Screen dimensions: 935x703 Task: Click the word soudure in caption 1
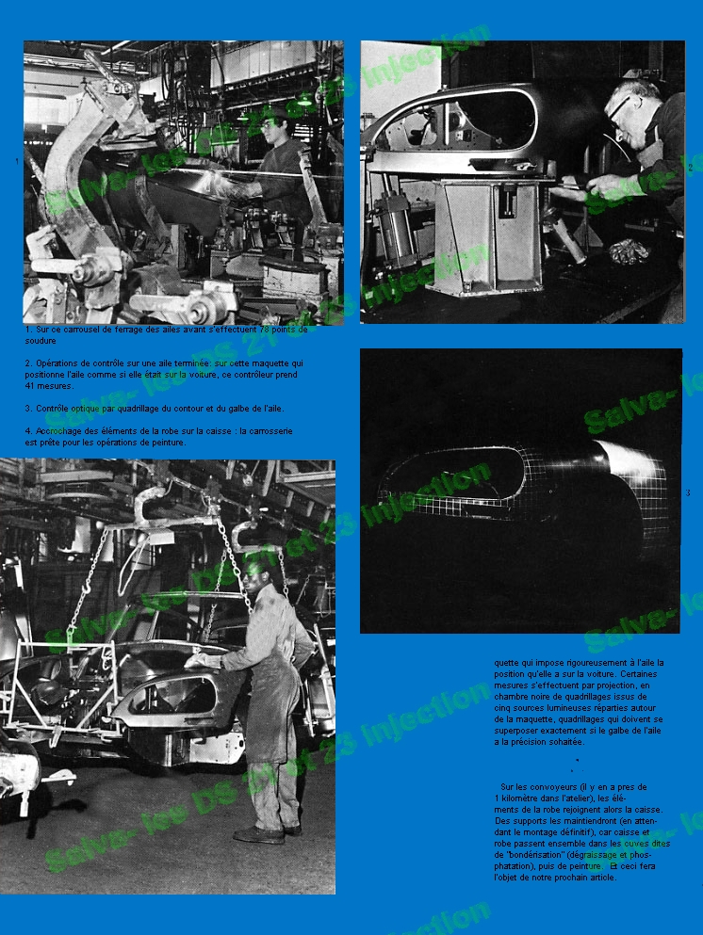click(41, 340)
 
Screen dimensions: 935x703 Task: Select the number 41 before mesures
click(32, 385)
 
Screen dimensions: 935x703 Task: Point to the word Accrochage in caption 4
click(58, 431)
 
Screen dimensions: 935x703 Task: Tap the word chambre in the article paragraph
click(517, 696)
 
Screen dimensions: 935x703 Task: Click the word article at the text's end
click(597, 878)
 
